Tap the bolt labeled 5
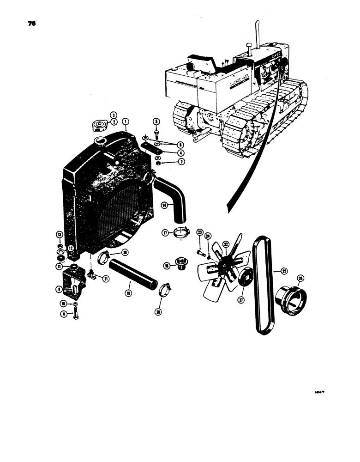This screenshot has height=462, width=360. tap(156, 134)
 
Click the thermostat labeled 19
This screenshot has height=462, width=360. tap(178, 264)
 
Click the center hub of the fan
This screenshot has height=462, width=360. tap(226, 263)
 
